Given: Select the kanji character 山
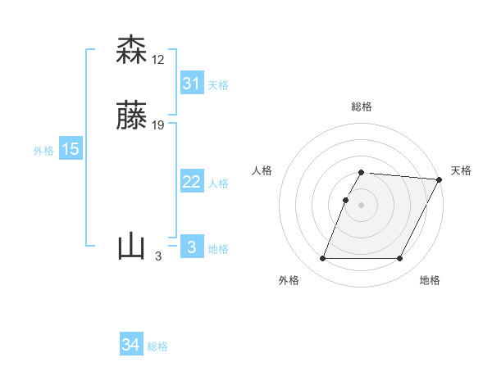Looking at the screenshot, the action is [131, 246].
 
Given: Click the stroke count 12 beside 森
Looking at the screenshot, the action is [158, 60].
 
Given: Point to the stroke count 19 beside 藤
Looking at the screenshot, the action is [158, 125].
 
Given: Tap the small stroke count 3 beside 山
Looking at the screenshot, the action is [157, 256].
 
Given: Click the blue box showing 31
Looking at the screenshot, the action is [191, 84].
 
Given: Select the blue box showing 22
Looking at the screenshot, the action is [191, 182].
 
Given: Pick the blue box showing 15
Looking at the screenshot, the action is [70, 149].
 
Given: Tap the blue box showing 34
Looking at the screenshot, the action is [131, 345].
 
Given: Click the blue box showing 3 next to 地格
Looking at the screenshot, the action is [191, 247].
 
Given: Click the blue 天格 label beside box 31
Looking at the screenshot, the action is [218, 85].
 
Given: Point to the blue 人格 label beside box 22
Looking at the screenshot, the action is [218, 183].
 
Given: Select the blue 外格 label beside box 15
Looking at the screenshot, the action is [43, 151].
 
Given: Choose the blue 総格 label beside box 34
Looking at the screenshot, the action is [157, 346].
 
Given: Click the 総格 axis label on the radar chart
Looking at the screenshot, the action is [362, 106].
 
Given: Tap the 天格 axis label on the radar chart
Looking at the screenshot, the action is [461, 170].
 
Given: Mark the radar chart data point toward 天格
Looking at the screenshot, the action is [440, 179].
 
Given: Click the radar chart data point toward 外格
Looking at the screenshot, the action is [323, 259].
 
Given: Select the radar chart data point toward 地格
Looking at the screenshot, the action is [400, 259].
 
